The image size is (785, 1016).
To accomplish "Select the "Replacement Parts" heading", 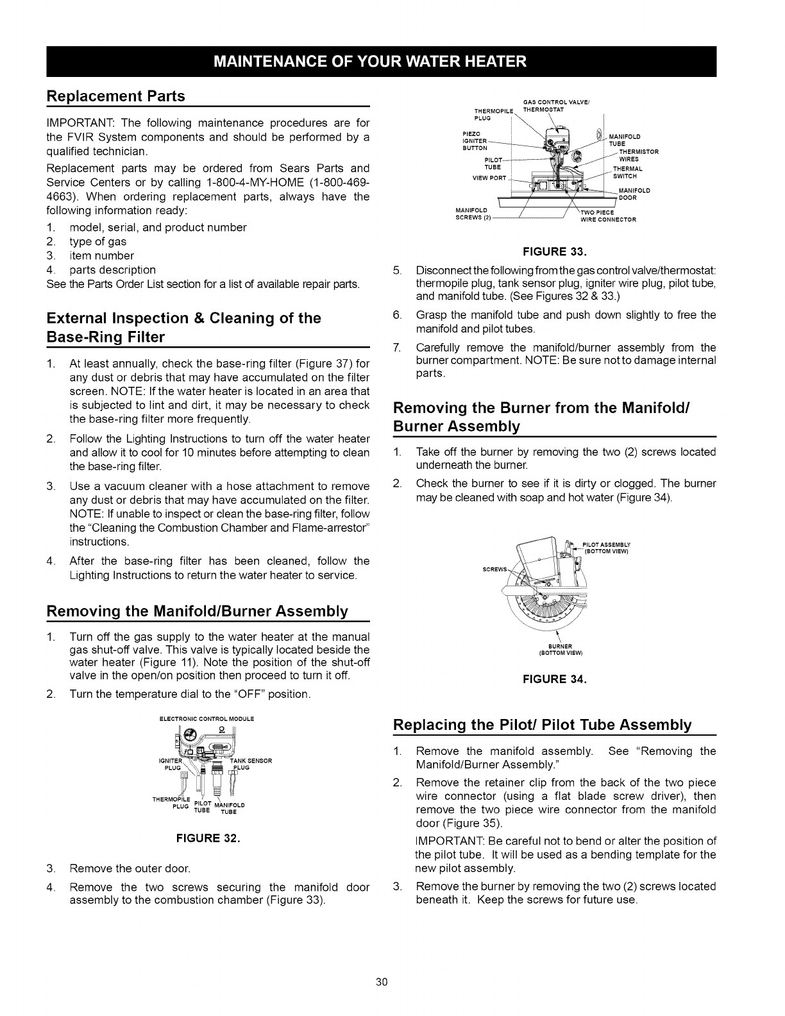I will click(x=116, y=96).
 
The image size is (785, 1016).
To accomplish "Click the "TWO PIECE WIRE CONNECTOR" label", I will click(x=607, y=216).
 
